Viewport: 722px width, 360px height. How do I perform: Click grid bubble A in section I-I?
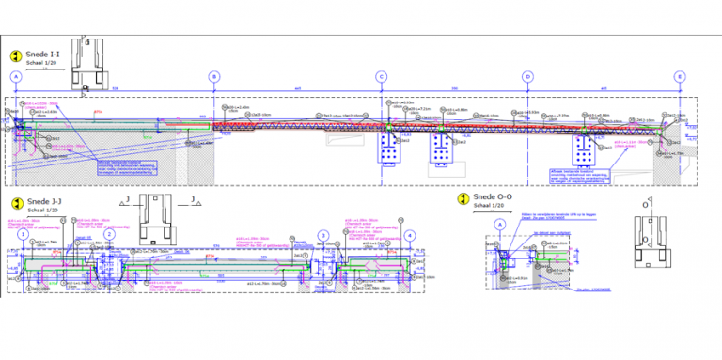click(x=16, y=77)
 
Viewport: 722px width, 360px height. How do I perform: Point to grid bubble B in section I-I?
click(x=214, y=77)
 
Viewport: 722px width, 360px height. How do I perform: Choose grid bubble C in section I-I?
click(x=381, y=77)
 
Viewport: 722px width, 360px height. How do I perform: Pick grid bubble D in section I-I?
click(x=527, y=77)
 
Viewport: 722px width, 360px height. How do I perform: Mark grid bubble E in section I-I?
click(x=679, y=77)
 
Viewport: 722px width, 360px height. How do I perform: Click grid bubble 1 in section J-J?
click(x=24, y=234)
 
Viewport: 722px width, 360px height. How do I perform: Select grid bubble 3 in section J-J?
click(x=322, y=234)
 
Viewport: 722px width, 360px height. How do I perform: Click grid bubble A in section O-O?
click(x=500, y=224)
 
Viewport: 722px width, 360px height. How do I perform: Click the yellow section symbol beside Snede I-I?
click(x=16, y=56)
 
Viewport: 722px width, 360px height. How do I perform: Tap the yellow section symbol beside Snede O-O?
click(x=462, y=199)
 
